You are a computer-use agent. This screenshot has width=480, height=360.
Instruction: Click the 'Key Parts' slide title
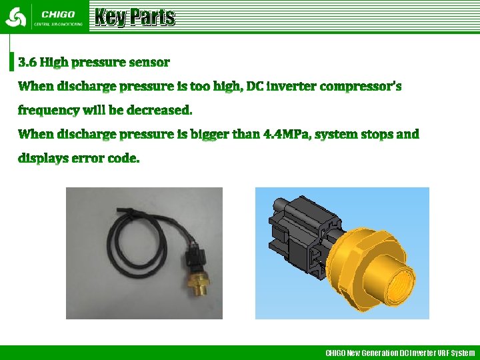[x=135, y=17]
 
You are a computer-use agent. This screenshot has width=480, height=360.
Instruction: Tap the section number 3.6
[x=27, y=63]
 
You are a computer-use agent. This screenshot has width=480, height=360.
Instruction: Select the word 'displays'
[x=41, y=159]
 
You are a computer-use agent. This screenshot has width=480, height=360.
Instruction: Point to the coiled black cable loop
[x=133, y=240]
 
